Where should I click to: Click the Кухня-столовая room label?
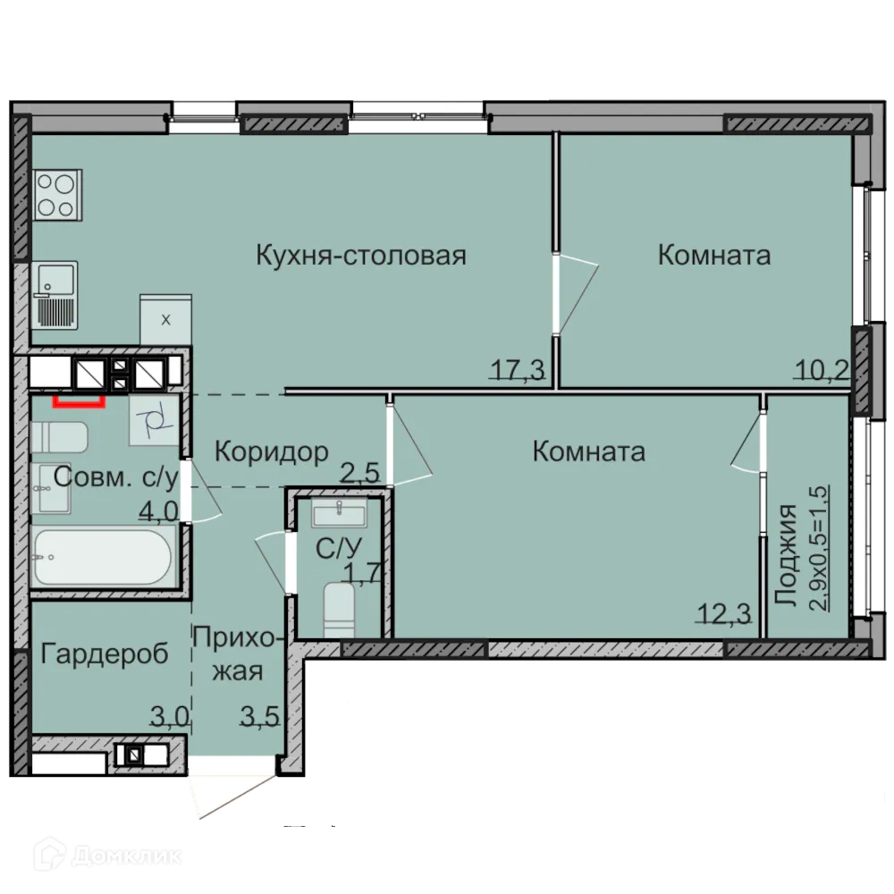pos(361,256)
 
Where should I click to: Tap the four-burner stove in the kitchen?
pos(57,195)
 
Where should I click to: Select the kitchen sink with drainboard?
pos(55,295)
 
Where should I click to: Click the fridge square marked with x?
pos(165,320)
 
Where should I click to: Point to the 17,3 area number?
pos(518,370)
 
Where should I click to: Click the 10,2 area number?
pos(822,370)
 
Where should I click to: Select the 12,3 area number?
pos(724,614)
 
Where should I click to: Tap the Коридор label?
pos(272,451)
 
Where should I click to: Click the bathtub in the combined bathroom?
pos(103,556)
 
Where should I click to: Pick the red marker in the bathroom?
pos(79,402)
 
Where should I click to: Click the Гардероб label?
pos(105,654)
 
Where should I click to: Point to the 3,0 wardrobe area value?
pos(170,716)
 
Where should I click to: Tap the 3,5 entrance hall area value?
pos(260,716)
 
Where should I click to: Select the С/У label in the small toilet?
pos(339,549)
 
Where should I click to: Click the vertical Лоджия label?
pos(786,555)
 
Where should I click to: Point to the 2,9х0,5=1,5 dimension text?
pos(818,549)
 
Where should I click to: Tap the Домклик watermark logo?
pos(107,856)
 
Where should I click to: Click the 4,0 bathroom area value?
pos(159,511)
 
